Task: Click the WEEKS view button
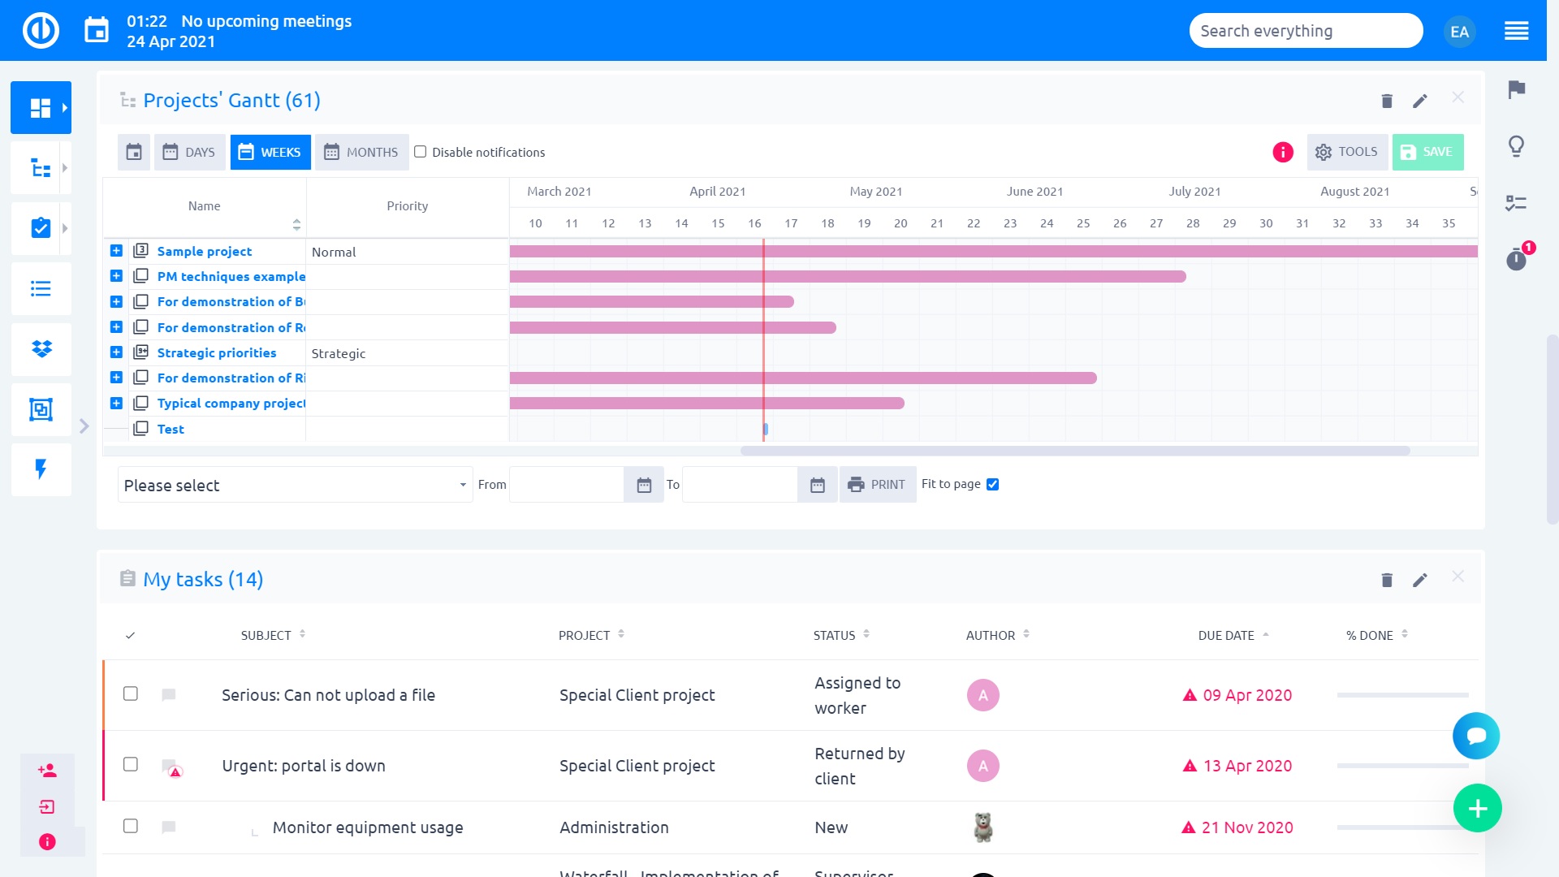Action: (x=270, y=152)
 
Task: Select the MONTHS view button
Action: (x=361, y=152)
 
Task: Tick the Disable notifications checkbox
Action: (x=421, y=152)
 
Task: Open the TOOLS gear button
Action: (x=1347, y=152)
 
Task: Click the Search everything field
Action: (x=1305, y=31)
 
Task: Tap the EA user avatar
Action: (x=1459, y=32)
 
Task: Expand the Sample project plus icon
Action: (x=116, y=251)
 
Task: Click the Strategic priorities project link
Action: (x=217, y=352)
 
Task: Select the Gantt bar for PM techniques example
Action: (x=848, y=277)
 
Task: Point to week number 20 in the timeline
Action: (x=900, y=223)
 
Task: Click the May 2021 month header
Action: (x=875, y=192)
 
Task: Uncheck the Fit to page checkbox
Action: (x=992, y=484)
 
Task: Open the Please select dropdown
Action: (x=295, y=485)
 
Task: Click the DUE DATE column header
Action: (x=1226, y=635)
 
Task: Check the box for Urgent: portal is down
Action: (x=131, y=764)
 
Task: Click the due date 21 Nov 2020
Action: (x=1247, y=827)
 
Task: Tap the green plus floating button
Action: (x=1477, y=808)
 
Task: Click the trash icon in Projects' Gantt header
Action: (x=1387, y=101)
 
